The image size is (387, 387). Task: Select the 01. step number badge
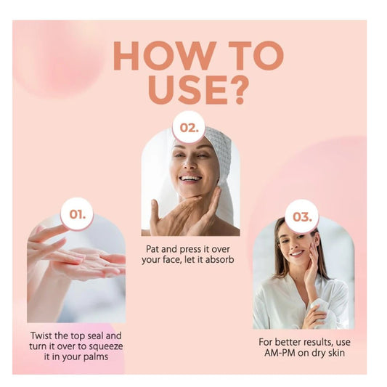pyautogui.click(x=77, y=214)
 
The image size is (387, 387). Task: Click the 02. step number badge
pyautogui.click(x=189, y=127)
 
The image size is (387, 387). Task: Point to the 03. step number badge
pyautogui.click(x=302, y=216)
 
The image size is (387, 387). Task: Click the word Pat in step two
pyautogui.click(x=153, y=249)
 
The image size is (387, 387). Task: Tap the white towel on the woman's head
pyautogui.click(x=220, y=158)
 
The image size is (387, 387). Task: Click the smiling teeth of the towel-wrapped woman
pyautogui.click(x=191, y=178)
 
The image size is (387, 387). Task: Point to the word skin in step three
pyautogui.click(x=336, y=353)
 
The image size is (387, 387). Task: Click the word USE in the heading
pyautogui.click(x=187, y=90)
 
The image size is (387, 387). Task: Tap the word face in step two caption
pyautogui.click(x=172, y=260)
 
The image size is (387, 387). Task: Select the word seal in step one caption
pyautogui.click(x=96, y=335)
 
